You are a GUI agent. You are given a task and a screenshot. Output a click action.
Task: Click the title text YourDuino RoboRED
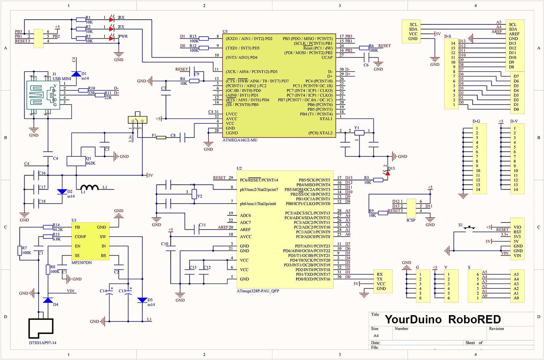(x=442, y=319)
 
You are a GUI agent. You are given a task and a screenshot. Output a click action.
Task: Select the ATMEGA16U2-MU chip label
(x=240, y=140)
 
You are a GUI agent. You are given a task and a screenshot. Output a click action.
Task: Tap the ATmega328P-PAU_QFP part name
(x=258, y=291)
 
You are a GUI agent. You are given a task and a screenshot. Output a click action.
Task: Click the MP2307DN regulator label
(x=82, y=262)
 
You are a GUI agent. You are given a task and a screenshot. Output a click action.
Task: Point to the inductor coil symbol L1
(x=89, y=188)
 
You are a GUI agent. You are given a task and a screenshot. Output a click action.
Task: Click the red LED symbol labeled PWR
(x=112, y=37)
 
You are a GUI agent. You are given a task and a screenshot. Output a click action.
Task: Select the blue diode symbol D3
(x=142, y=300)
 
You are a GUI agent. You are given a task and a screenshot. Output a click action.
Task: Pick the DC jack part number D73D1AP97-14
(x=43, y=343)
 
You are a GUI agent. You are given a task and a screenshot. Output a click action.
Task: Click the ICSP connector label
(x=411, y=220)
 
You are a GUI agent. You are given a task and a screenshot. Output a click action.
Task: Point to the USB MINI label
(x=61, y=79)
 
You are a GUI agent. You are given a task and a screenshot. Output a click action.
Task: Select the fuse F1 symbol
(x=161, y=137)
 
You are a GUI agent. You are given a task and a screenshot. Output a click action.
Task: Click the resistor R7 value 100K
(x=26, y=253)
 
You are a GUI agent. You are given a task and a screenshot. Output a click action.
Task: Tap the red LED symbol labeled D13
(x=388, y=173)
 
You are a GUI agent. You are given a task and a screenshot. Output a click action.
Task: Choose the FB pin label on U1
(x=77, y=227)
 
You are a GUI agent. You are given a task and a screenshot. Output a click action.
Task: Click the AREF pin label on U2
(x=245, y=230)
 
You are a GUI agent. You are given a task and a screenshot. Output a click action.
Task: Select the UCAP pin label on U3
(x=326, y=58)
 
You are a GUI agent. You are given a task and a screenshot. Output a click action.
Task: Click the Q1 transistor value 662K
(x=90, y=163)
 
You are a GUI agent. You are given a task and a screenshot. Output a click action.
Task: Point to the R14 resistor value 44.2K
(x=58, y=230)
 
